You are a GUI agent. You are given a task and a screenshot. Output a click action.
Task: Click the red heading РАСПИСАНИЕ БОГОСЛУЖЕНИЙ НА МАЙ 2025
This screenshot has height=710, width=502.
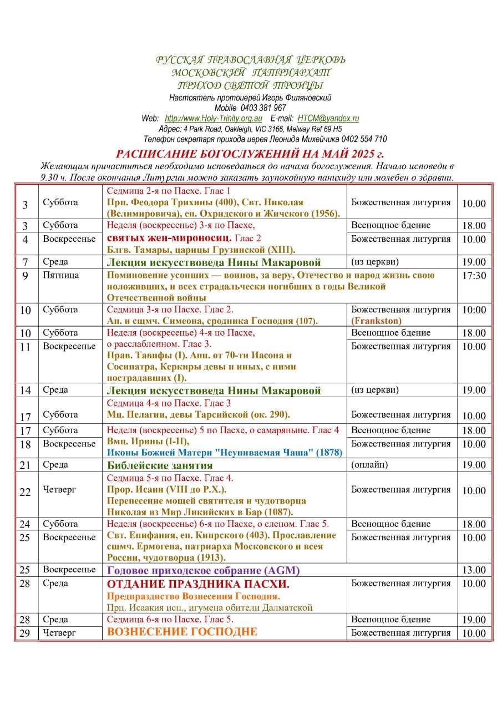click(250, 154)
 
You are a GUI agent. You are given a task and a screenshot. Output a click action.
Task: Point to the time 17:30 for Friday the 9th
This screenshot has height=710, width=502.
click(474, 276)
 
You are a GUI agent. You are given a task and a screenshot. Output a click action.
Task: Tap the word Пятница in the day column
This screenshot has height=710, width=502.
click(61, 275)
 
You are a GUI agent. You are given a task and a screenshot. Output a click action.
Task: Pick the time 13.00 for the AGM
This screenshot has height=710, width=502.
click(474, 571)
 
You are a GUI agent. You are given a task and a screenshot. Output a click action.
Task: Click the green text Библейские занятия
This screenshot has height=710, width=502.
click(160, 465)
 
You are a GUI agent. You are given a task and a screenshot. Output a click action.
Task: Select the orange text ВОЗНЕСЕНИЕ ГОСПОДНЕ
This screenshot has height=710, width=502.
click(182, 632)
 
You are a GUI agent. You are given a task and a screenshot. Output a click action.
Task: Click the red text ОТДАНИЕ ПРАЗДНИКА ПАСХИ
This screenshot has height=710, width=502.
click(198, 585)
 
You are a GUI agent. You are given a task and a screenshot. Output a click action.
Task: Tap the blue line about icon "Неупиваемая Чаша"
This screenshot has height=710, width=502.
click(225, 452)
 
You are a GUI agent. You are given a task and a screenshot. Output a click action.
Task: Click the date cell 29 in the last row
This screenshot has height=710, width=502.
click(25, 633)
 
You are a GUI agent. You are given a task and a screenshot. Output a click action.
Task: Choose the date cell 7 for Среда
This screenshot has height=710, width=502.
click(26, 262)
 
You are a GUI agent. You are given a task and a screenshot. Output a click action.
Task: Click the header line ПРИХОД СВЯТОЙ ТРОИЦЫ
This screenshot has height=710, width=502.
click(250, 85)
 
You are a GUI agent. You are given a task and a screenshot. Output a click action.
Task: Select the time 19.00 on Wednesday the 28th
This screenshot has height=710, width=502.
click(474, 620)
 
